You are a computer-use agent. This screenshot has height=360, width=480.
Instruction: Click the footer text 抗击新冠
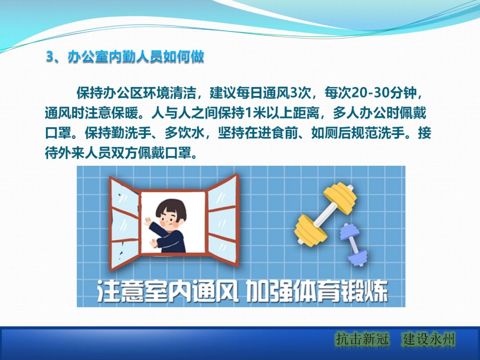(362, 340)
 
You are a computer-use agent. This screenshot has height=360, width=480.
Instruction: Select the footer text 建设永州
(429, 340)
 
